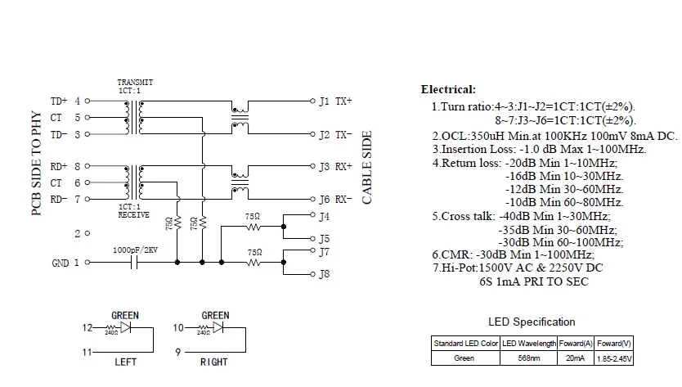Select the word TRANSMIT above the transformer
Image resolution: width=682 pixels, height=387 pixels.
[135, 83]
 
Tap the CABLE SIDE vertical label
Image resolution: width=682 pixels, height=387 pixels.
[367, 167]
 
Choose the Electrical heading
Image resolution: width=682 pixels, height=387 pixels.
[448, 89]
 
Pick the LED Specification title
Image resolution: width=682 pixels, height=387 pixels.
[532, 321]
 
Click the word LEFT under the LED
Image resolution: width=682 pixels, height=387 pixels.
[125, 362]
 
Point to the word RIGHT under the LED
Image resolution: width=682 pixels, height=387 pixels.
[215, 362]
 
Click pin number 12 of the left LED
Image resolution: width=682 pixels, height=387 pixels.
[88, 327]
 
